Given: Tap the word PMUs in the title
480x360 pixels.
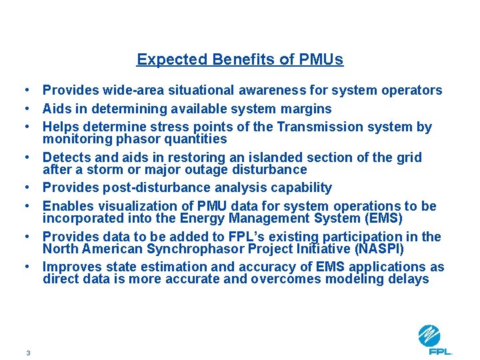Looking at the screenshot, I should pos(318,59).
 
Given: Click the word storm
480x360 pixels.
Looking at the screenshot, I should pos(93,169).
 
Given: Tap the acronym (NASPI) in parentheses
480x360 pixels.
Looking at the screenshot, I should pos(371,249).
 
